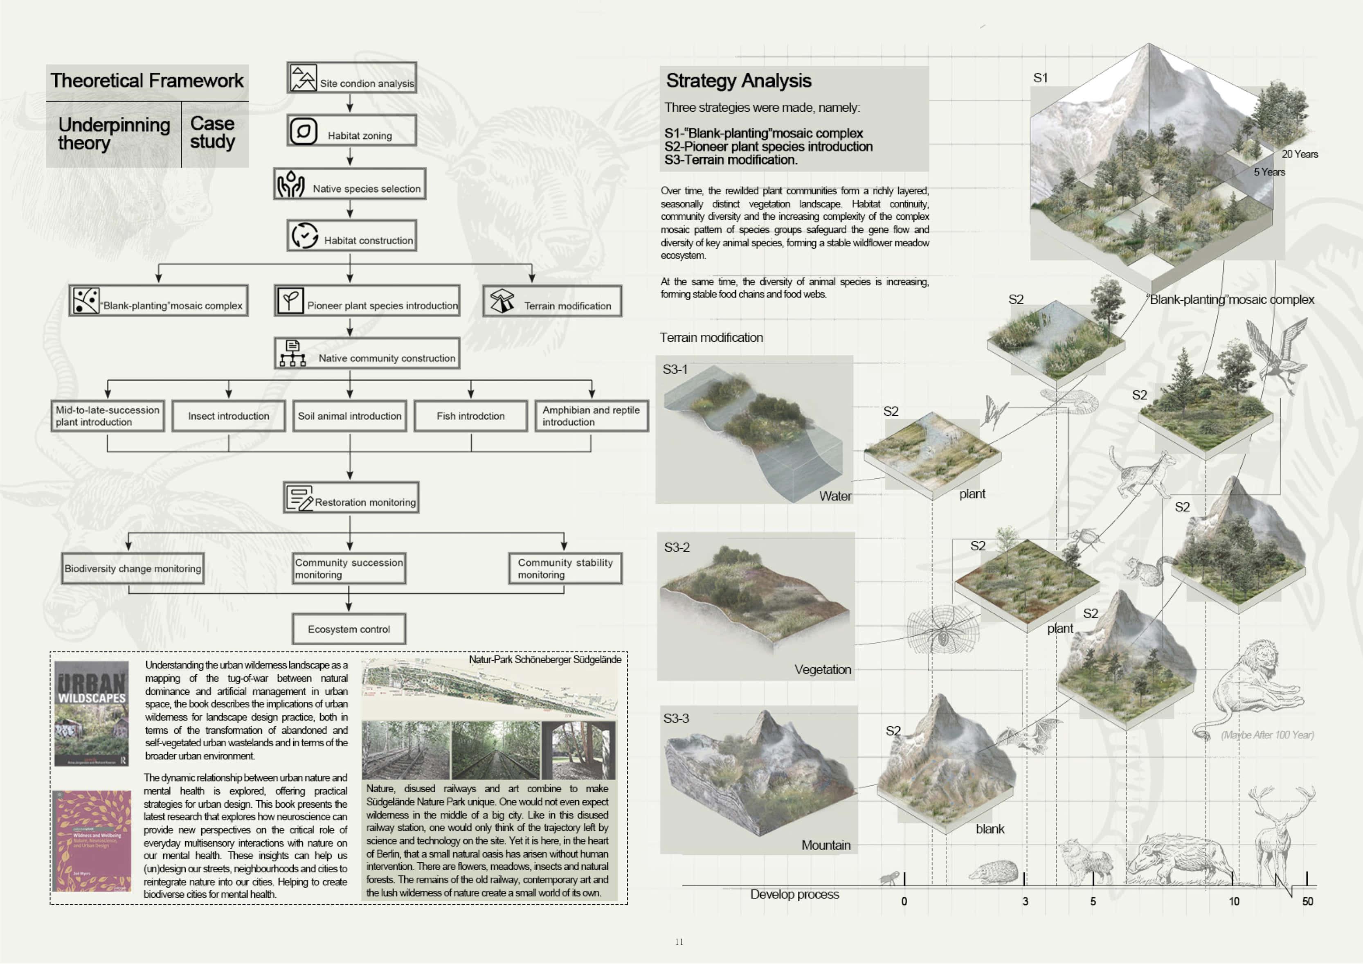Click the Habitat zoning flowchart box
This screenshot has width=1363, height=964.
tap(351, 130)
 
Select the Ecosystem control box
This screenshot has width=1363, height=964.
tap(349, 628)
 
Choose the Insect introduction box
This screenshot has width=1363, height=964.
tap(229, 416)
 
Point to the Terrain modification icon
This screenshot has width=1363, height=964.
tap(502, 301)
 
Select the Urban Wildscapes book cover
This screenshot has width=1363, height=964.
tap(91, 713)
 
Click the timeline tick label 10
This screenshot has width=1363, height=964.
tap(1234, 901)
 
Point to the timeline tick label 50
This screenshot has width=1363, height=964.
tap(1307, 901)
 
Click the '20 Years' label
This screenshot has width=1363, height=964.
tap(1300, 154)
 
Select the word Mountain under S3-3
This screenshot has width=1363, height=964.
tap(826, 845)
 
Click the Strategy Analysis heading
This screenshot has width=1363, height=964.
tap(738, 80)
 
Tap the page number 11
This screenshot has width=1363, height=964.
tap(679, 941)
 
